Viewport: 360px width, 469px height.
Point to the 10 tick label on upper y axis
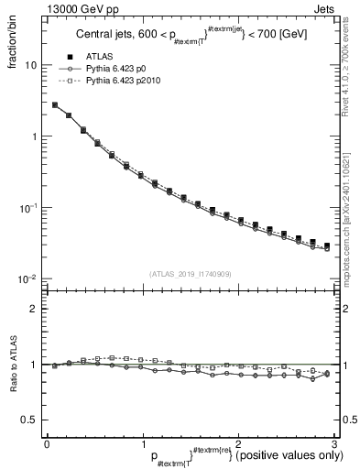tap(30, 66)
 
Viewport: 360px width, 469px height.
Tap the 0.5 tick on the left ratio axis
tap(27, 420)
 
